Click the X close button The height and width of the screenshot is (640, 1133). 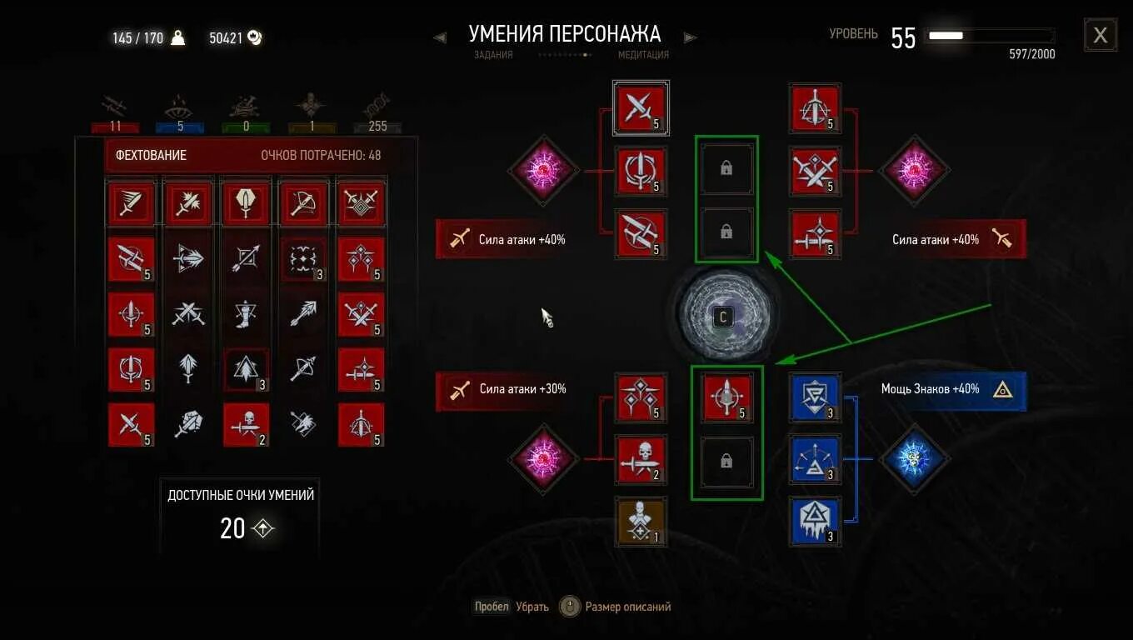coord(1100,35)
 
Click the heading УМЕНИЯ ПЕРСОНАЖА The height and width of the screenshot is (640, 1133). coord(564,34)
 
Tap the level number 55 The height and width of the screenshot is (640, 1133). coord(903,37)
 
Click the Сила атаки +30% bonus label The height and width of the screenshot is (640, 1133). coord(522,389)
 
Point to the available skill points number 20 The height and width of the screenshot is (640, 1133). coord(232,528)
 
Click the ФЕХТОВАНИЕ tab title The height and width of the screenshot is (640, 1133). coord(151,156)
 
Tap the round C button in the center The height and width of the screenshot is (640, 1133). coord(723,317)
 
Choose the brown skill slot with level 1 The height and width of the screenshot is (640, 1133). coord(640,522)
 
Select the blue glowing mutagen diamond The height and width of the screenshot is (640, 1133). coord(915,458)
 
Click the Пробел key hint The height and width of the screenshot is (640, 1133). coord(492,607)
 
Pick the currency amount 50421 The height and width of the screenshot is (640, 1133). coord(226,37)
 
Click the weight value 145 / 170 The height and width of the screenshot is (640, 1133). coord(138,37)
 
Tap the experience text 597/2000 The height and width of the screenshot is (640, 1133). coord(1031,54)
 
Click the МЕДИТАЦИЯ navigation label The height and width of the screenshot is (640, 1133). coord(643,55)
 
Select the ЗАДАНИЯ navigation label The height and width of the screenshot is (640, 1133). coord(493,55)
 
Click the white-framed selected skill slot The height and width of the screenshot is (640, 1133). coord(641,107)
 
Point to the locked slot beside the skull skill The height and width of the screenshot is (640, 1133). coord(726,460)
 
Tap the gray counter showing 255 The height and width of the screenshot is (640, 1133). coord(377,127)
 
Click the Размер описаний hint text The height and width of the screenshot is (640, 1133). coord(627,607)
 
